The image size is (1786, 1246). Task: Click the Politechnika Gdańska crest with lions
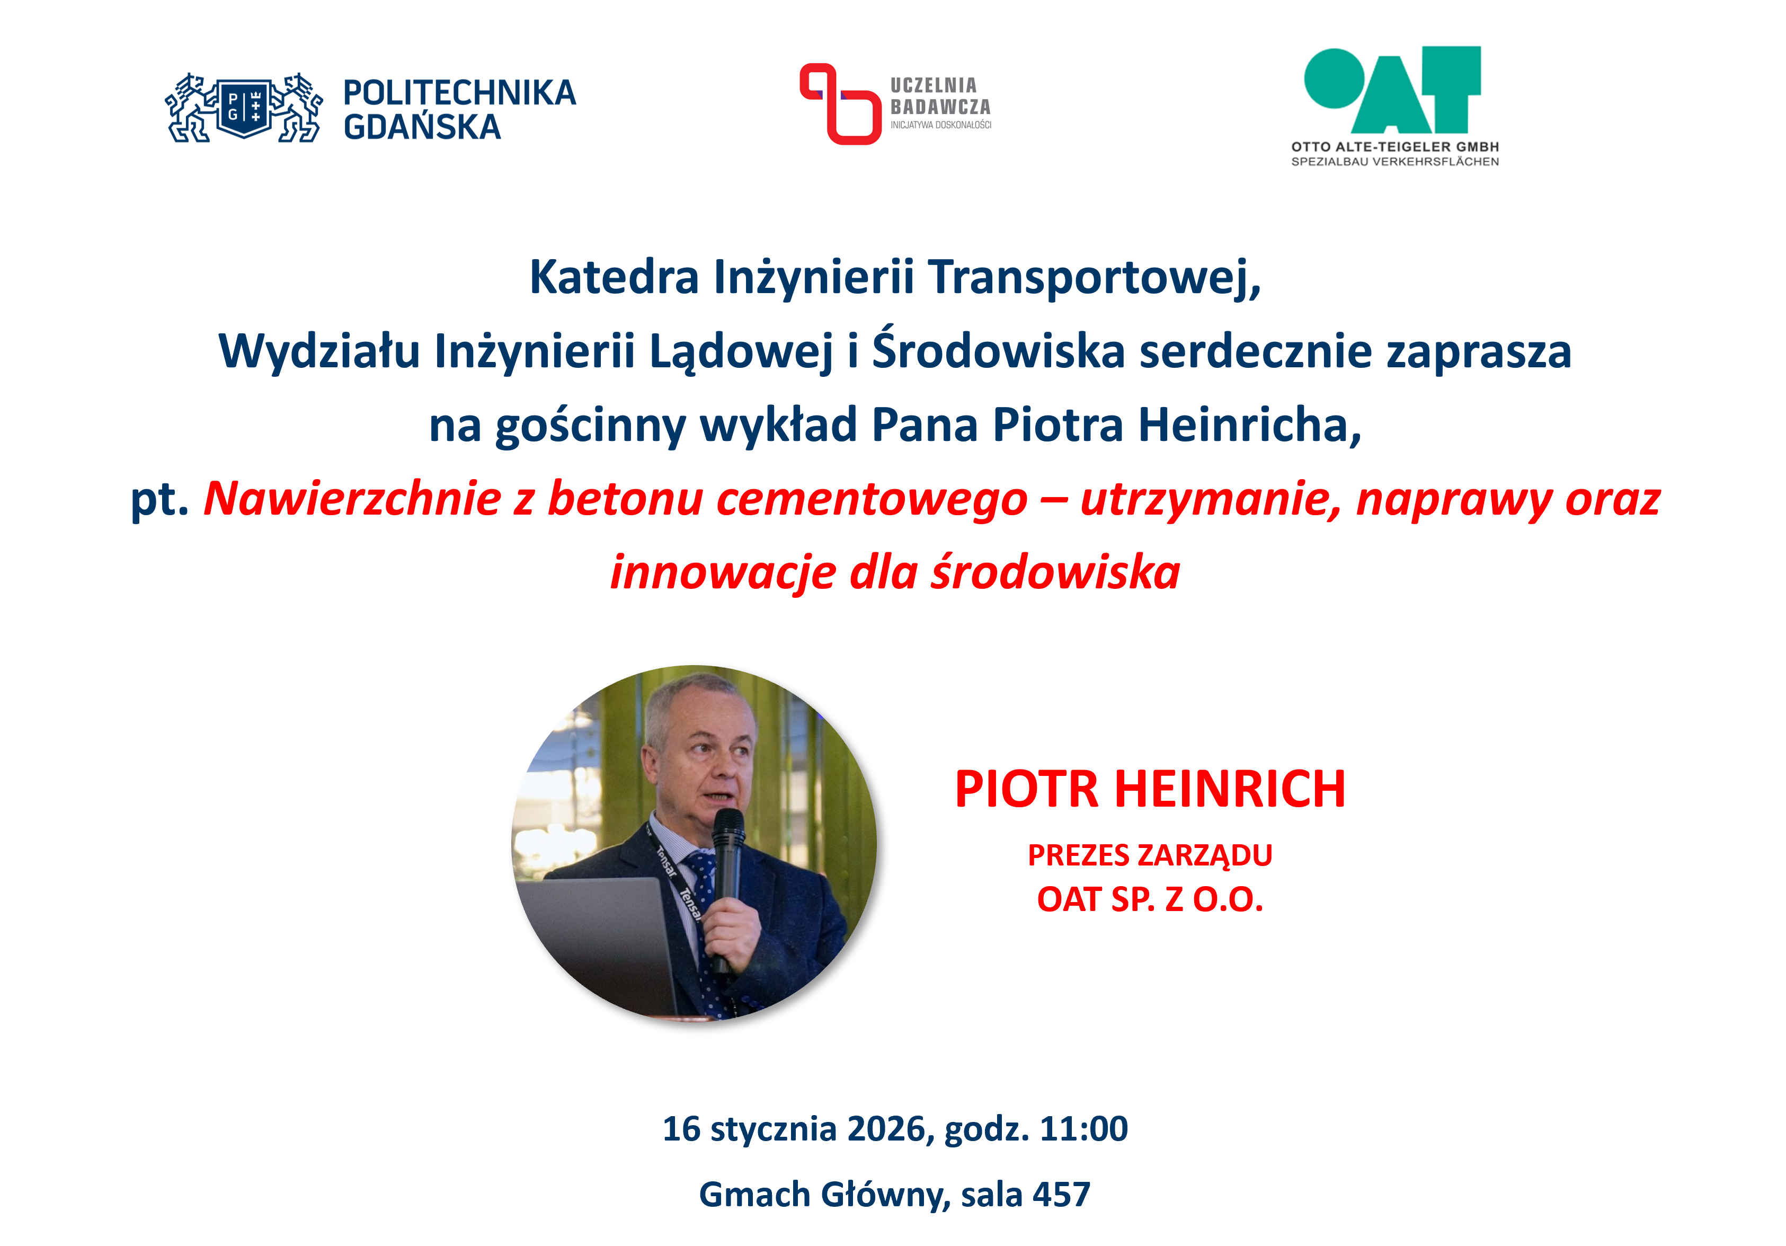[x=244, y=108]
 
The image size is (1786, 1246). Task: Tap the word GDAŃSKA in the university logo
[x=422, y=127]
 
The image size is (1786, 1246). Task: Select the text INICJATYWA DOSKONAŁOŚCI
[x=940, y=125]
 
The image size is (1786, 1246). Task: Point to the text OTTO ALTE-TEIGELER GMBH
[x=1394, y=146]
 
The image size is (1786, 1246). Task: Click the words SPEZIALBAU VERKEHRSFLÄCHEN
[x=1394, y=162]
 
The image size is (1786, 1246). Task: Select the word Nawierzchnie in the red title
[x=352, y=498]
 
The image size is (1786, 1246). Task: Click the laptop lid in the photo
[x=599, y=945]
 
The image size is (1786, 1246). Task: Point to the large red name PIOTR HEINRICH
[x=1150, y=789]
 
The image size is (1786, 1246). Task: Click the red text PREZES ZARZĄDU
[x=1150, y=855]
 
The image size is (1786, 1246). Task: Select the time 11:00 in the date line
[x=1083, y=1128]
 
